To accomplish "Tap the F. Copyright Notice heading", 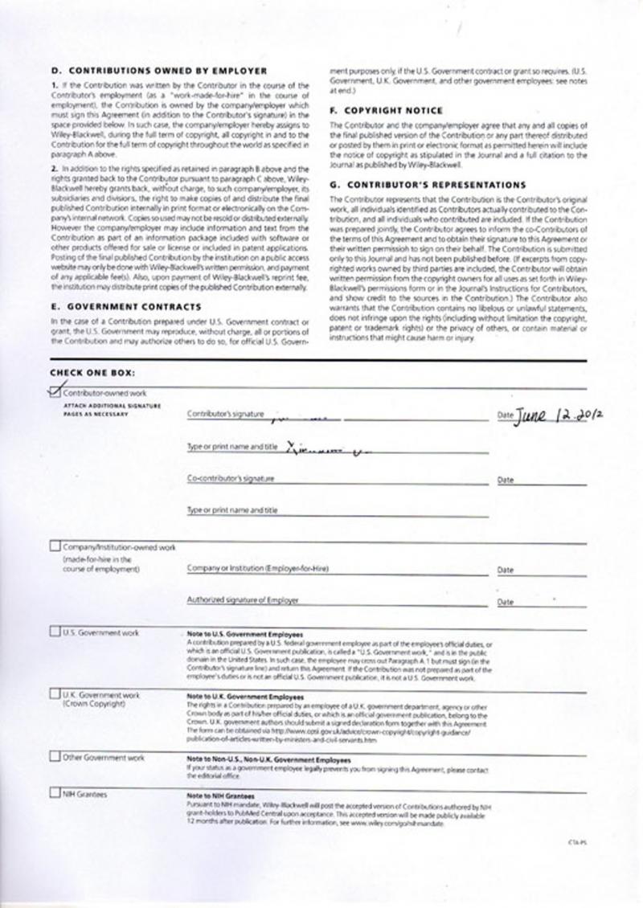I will point(386,110).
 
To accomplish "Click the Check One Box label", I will point(92,372).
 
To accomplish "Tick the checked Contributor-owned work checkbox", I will point(55,392).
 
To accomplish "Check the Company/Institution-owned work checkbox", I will point(55,547).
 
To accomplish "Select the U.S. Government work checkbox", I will point(55,632).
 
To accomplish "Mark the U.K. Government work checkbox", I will point(55,693).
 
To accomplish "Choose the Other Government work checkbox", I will point(55,757).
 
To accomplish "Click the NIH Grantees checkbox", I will point(55,795).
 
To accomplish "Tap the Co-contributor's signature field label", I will point(231,479).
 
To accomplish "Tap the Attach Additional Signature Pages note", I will point(112,410).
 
